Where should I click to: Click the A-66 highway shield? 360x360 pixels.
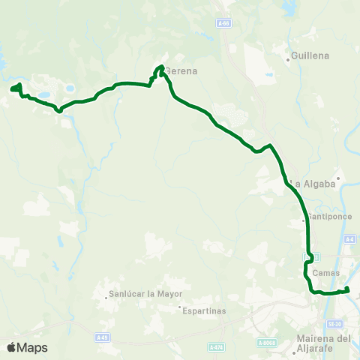click(223, 23)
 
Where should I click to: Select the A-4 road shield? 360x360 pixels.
click(349, 238)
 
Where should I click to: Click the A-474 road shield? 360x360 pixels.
click(217, 347)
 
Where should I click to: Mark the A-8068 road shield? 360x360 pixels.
click(265, 343)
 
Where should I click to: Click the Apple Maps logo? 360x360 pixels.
click(27, 347)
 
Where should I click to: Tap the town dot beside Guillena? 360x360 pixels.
click(288, 56)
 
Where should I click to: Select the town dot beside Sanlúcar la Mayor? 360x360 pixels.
click(106, 295)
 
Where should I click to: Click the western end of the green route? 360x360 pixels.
click(12, 90)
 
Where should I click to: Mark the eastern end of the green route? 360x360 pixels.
click(347, 289)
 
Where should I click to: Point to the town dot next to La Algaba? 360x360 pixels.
click(338, 178)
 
